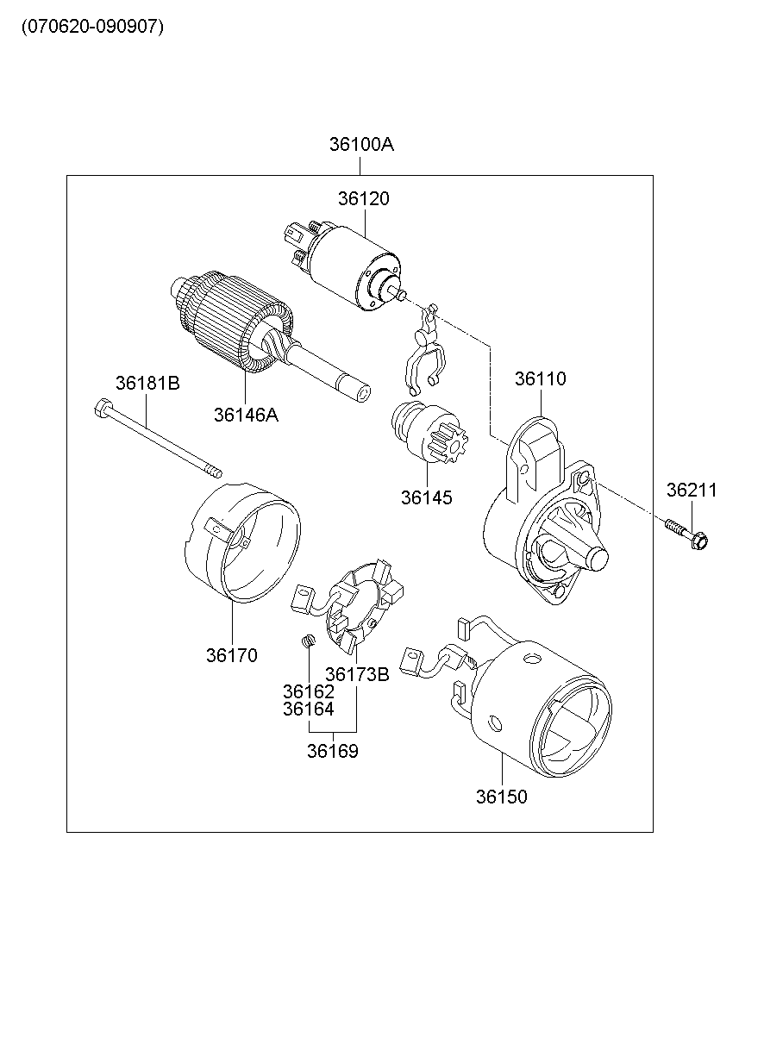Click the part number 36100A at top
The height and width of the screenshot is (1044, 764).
click(361, 145)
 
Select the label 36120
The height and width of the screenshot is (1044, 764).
click(364, 198)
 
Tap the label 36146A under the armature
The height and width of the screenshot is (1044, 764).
click(246, 415)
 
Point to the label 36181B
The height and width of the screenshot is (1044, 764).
click(147, 383)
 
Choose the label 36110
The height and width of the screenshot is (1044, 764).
click(541, 378)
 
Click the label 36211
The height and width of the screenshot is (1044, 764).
click(692, 490)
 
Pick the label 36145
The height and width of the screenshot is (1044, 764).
click(427, 497)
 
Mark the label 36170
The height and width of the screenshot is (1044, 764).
click(232, 655)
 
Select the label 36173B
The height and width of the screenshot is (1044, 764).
click(357, 674)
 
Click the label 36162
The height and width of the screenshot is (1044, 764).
click(309, 691)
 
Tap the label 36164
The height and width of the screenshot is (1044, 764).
click(309, 709)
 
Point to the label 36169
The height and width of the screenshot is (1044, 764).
click(332, 751)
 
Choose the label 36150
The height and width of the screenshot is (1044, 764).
click(502, 797)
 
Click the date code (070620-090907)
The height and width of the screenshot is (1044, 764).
click(93, 27)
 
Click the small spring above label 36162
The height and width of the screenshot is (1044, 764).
click(308, 641)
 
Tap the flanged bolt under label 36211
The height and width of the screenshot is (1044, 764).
click(686, 535)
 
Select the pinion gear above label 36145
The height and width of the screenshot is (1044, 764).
click(429, 432)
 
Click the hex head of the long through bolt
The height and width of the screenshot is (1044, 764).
click(103, 408)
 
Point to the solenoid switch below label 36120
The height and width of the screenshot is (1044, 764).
click(345, 265)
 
